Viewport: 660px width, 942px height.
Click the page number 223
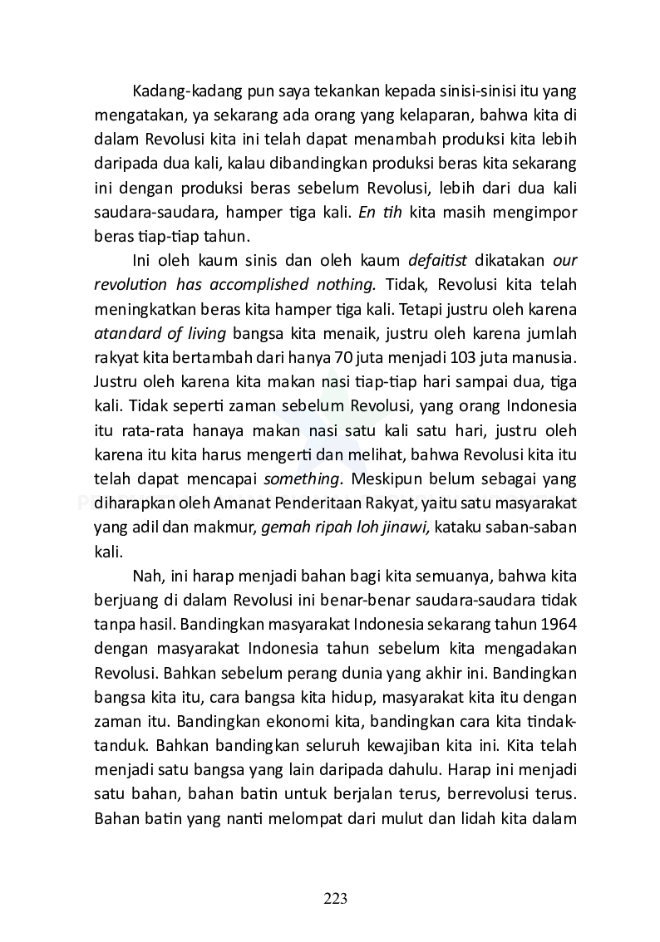pyautogui.click(x=335, y=898)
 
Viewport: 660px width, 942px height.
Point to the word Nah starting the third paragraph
pyautogui.click(x=145, y=576)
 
